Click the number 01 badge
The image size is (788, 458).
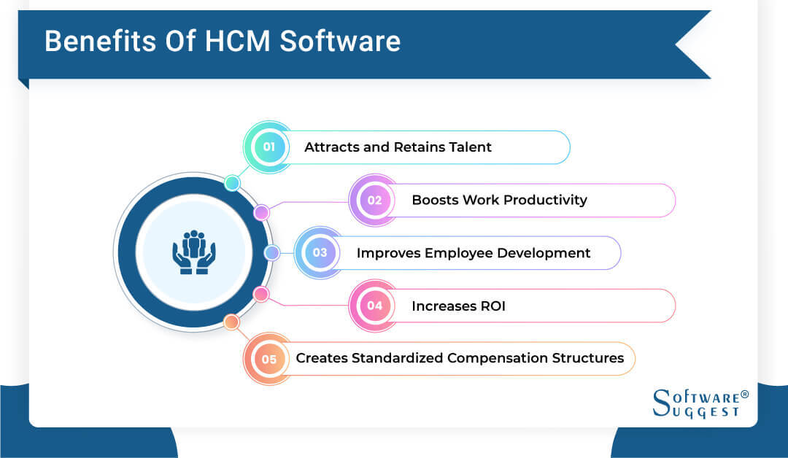269,147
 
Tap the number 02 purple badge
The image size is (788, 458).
374,200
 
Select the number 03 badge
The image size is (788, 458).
320,253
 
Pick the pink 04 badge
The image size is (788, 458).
374,306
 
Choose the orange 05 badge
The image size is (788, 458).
269,359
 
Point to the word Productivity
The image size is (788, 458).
545,200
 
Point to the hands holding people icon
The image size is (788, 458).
194,252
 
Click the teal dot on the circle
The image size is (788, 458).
232,183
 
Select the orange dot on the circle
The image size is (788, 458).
231,322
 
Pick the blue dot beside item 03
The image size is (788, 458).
271,253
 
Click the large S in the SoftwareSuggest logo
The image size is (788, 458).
660,403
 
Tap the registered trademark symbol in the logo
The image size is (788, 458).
744,395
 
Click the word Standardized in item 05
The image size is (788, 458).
398,358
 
